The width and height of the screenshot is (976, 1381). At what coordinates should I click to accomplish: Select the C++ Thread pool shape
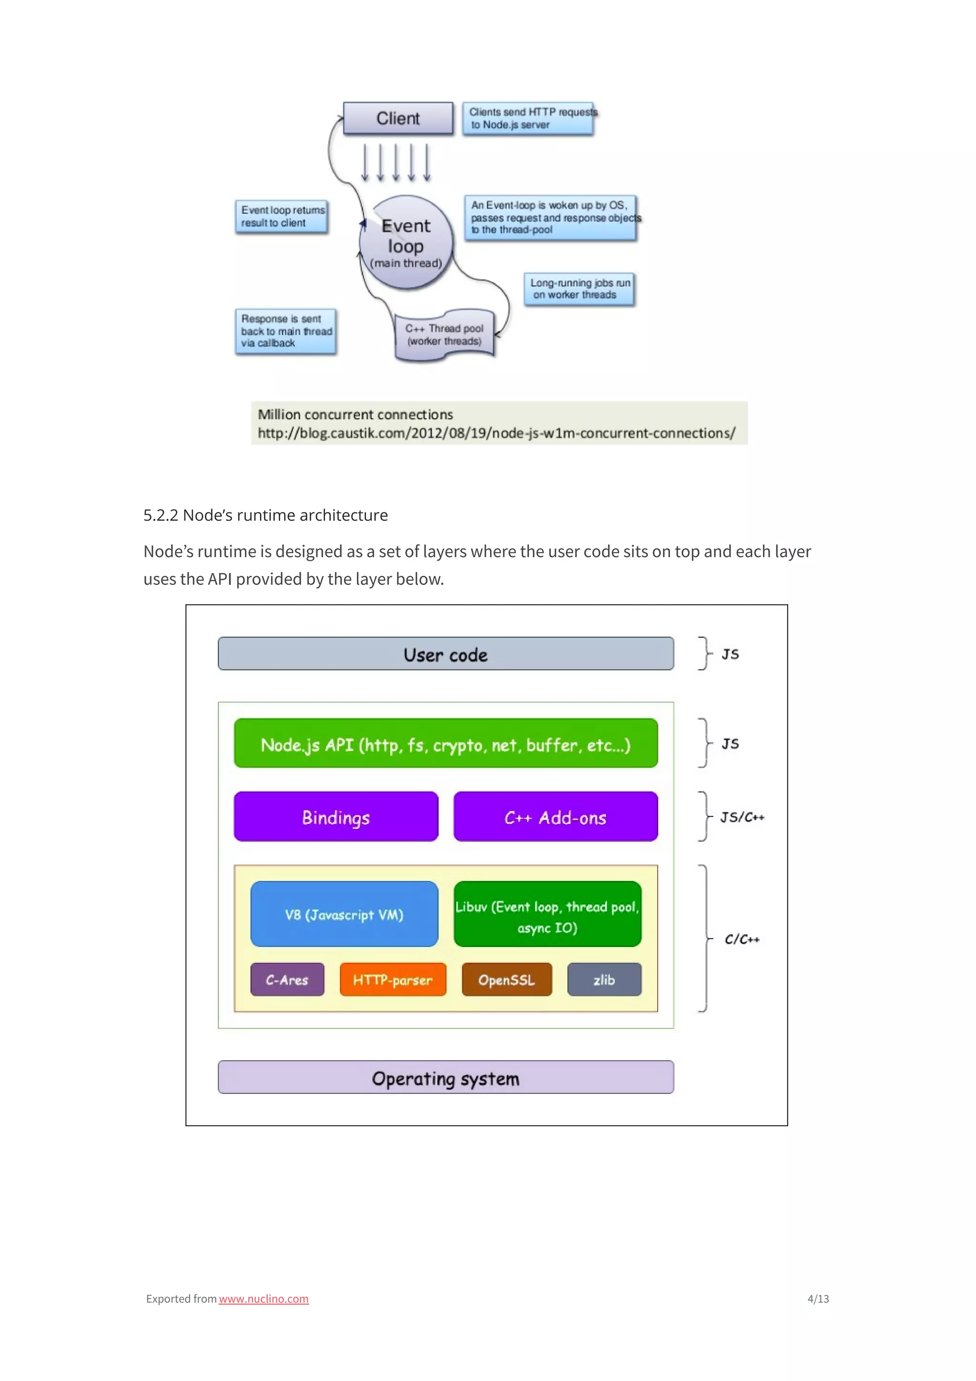point(445,335)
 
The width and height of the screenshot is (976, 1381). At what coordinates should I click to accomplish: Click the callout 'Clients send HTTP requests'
point(529,119)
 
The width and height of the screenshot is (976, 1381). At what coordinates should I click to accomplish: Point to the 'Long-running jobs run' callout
point(579,289)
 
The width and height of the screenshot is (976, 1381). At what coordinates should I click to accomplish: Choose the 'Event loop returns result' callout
point(282,216)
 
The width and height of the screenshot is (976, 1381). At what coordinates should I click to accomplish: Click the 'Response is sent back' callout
point(285,331)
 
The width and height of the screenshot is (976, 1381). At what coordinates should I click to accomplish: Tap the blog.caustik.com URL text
point(496,433)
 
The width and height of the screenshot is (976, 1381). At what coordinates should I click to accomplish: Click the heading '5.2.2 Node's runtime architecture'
point(265,516)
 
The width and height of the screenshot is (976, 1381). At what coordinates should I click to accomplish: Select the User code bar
point(446,654)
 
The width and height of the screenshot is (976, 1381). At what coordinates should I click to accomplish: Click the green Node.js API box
point(446,743)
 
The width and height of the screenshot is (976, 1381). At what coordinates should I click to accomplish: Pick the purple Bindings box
point(336,817)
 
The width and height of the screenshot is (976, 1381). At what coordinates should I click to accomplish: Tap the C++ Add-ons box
point(556,817)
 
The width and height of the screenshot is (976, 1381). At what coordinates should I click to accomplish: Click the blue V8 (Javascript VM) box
point(344,914)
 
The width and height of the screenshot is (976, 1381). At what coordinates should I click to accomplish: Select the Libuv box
point(547,914)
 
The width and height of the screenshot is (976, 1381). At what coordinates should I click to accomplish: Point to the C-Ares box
point(287,980)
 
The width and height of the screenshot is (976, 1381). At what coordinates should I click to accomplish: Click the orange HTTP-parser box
point(393,980)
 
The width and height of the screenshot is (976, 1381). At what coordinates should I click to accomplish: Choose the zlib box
point(604,980)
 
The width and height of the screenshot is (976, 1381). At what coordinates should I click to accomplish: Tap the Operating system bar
point(446,1078)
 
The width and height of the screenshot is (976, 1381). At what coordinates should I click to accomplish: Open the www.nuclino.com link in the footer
point(264,1299)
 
